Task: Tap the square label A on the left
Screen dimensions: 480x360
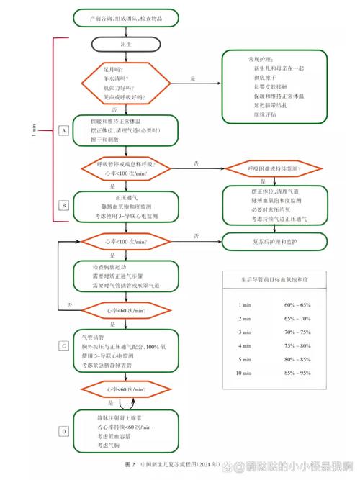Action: point(64,130)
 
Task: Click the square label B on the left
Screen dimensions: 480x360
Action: point(64,205)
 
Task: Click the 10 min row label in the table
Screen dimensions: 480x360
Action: point(245,373)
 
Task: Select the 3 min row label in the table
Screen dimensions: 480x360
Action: point(245,332)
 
